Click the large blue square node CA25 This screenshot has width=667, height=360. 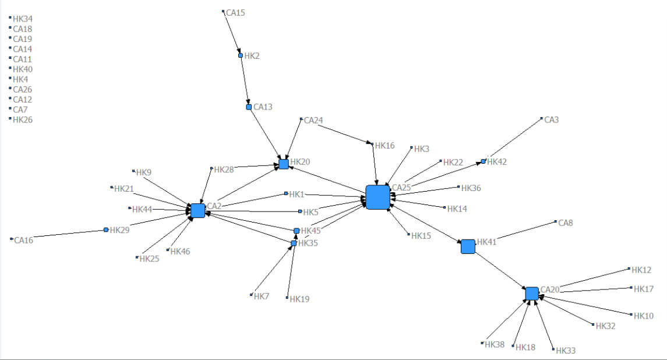click(377, 197)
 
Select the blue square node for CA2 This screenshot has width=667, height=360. click(197, 210)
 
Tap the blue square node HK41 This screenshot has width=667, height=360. click(468, 246)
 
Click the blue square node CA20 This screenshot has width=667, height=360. click(531, 294)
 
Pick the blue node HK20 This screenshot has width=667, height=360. click(284, 164)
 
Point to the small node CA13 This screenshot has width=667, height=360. click(249, 107)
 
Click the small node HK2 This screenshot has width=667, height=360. click(240, 56)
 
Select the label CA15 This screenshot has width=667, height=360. click(235, 12)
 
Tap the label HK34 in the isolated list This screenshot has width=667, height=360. click(23, 19)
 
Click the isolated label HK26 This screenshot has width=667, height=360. click(23, 120)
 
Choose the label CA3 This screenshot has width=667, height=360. click(551, 120)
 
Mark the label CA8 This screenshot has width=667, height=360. click(566, 223)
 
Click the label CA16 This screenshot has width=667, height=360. click(23, 240)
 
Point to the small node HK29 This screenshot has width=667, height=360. click(106, 230)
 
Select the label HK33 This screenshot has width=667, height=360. click(566, 351)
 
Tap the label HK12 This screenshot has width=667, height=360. click(642, 270)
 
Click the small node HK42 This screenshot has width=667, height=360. click(483, 161)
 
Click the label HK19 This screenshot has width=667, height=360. click(299, 299)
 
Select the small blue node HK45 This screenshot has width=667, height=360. click(297, 231)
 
